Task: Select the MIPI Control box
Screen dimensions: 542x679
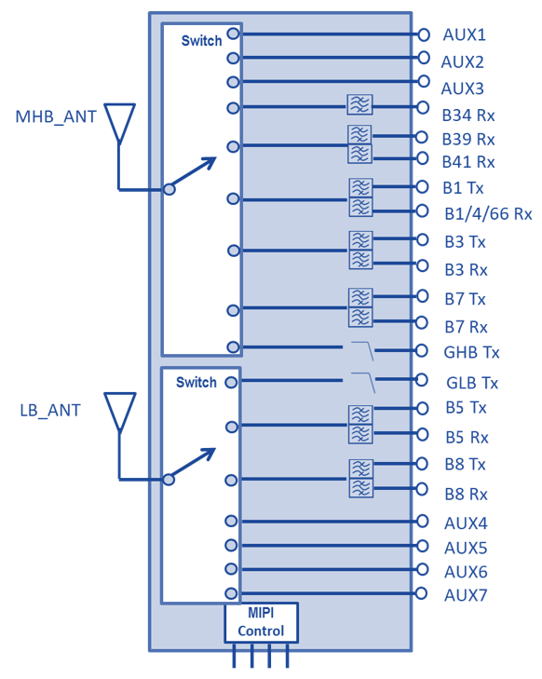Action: click(x=261, y=622)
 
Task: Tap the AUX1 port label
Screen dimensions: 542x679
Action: click(x=464, y=35)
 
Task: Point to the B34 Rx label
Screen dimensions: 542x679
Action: click(x=468, y=115)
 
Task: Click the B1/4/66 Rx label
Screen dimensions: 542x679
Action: click(x=488, y=214)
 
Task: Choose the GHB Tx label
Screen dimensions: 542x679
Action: click(x=471, y=352)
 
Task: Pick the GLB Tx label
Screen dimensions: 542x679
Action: click(x=472, y=383)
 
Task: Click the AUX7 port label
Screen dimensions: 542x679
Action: click(x=466, y=595)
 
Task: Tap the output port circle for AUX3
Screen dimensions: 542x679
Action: click(x=423, y=81)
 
